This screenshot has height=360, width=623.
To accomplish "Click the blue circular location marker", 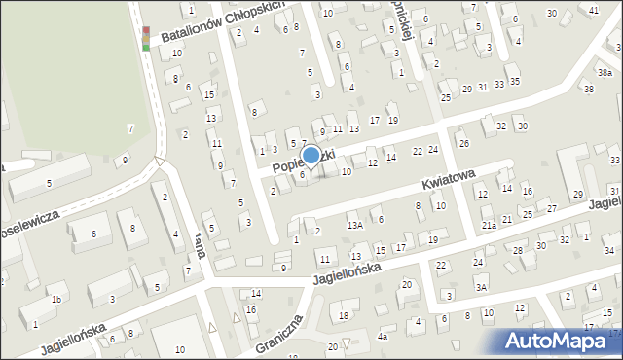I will coord(311,155).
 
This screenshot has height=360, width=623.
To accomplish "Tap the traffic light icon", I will coord(146,38).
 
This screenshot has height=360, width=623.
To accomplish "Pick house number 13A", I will coord(355,225).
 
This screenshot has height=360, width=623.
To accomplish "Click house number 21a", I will coord(489,225).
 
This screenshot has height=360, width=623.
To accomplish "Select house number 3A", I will coord(480,286).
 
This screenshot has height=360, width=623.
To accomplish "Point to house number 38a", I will coord(605,72).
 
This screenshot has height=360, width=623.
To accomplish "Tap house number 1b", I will coord(57,299).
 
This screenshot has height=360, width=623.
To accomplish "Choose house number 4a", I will coord(383,337).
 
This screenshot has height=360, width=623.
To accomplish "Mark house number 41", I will coord(594,10).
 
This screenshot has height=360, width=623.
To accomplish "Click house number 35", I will coord(514,81).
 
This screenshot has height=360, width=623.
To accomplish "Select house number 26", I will coord(463,144).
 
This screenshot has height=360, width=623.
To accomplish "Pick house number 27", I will coord(551,208).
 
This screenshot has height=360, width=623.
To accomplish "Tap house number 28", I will coord(518,251).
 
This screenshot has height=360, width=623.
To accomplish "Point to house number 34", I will coord(608,251).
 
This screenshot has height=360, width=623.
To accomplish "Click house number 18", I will coord(344,315).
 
